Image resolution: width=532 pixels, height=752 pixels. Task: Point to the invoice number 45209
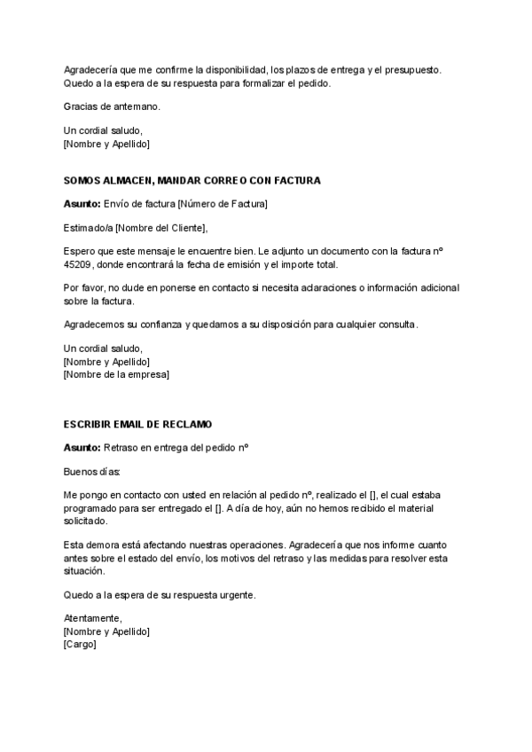(x=77, y=265)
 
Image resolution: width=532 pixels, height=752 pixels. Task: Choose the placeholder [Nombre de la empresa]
(x=116, y=374)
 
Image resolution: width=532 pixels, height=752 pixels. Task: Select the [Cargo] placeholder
(x=80, y=645)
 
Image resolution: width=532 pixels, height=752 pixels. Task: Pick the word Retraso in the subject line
(x=122, y=448)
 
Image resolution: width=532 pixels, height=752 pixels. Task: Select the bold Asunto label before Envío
(x=82, y=204)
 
